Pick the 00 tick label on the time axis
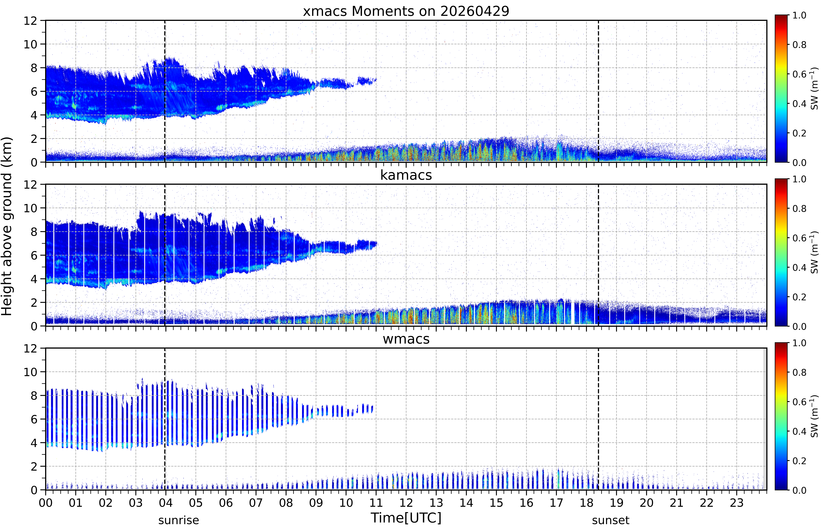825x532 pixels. coord(46,503)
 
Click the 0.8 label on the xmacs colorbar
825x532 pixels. coord(799,45)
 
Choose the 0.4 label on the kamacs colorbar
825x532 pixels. coord(799,267)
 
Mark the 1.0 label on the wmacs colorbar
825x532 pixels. coord(799,343)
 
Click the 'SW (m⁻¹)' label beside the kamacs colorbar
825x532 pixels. coord(814,252)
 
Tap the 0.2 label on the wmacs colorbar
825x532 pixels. coord(799,461)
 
